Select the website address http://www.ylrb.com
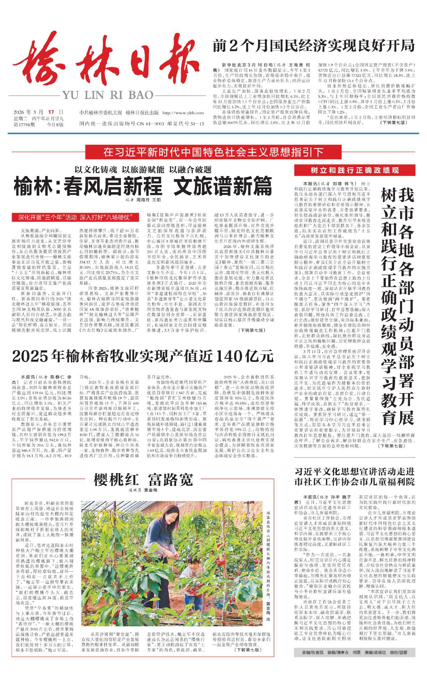[183, 113]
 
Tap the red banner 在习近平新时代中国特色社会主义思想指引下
[213, 152]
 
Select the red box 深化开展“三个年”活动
[75, 217]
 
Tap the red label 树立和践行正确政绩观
[354, 170]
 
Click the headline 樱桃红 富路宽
[143, 480]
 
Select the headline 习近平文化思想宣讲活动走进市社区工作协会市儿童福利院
[354, 477]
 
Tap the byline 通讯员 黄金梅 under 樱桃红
[143, 490]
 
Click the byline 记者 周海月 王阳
[143, 200]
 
